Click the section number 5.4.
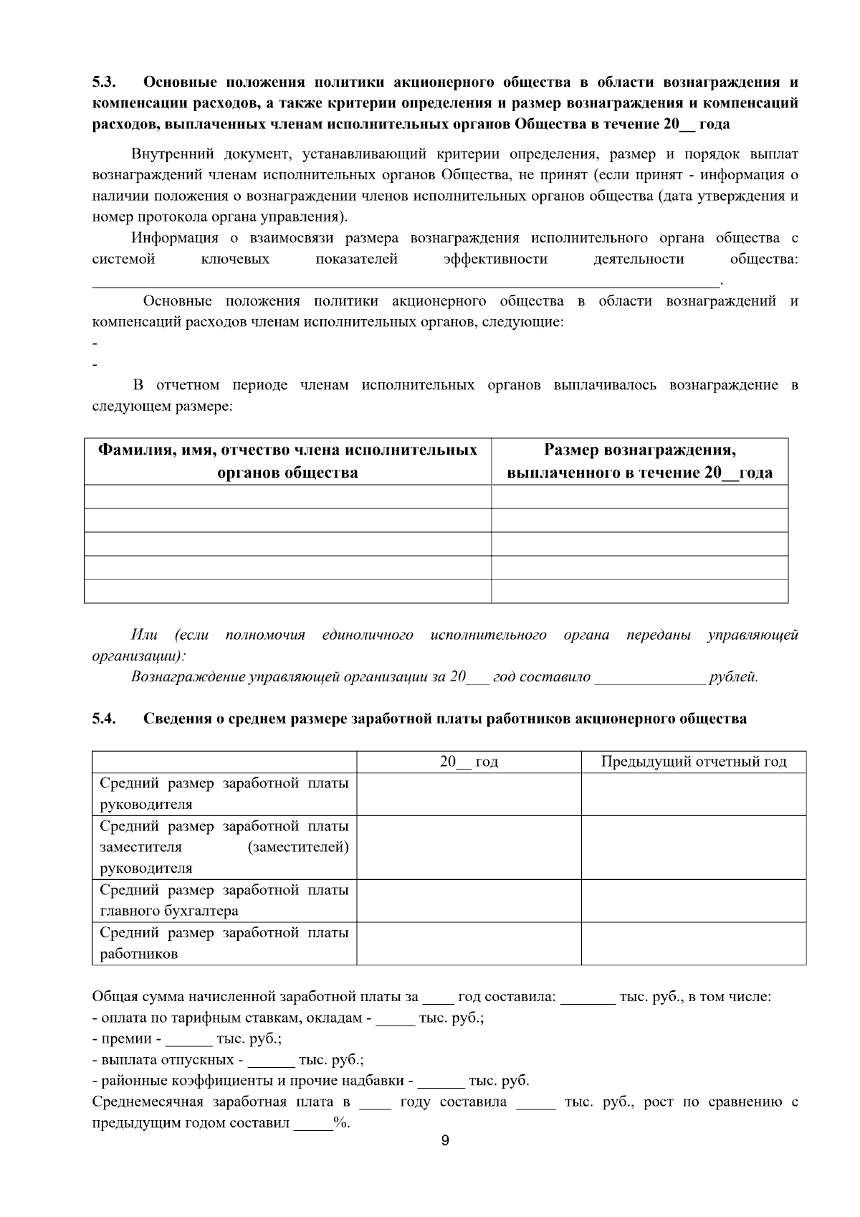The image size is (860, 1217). [x=105, y=719]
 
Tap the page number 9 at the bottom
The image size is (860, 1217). [x=445, y=1141]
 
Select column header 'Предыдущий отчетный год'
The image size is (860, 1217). [x=693, y=762]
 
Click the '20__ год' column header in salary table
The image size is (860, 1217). [x=469, y=762]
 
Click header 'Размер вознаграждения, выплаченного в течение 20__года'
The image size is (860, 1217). [x=639, y=461]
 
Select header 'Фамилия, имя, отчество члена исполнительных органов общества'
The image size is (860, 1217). [x=287, y=461]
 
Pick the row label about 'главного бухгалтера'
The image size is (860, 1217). [x=224, y=901]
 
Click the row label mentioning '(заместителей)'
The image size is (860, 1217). [x=224, y=847]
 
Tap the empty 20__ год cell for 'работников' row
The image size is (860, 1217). [x=469, y=943]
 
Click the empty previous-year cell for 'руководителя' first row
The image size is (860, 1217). [x=693, y=794]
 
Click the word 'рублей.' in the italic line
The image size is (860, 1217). [x=733, y=677]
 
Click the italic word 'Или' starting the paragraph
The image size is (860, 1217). [x=144, y=635]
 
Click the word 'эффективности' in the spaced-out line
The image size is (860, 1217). [x=495, y=260]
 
